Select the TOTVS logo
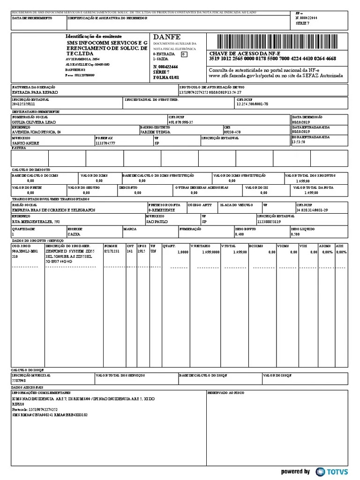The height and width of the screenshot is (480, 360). tap(333, 472)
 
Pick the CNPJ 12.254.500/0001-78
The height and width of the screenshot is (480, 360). tap(253, 104)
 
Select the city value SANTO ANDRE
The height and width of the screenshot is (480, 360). tap(25, 142)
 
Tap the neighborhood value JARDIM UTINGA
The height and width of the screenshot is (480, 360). tap(155, 132)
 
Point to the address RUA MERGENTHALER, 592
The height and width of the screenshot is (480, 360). tap(36, 221)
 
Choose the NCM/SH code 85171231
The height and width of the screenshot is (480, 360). tap(112, 252)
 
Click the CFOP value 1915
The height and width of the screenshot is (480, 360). tap(141, 252)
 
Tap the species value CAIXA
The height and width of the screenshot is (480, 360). tap(74, 233)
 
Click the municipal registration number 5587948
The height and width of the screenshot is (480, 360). tap(19, 381)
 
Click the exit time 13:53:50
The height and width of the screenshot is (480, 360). tap(298, 142)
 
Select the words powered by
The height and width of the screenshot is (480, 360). tap(295, 472)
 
